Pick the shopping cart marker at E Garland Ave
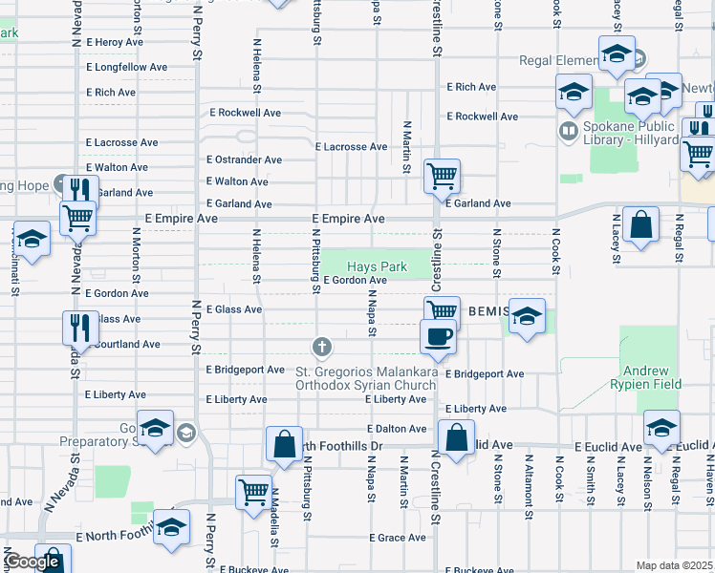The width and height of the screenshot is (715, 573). [x=442, y=176]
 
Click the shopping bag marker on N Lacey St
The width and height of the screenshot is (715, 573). [x=640, y=225]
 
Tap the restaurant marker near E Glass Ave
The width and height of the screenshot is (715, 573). [x=81, y=328]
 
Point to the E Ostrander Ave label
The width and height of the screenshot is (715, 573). [x=244, y=159]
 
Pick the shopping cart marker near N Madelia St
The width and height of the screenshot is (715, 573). [x=253, y=492]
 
